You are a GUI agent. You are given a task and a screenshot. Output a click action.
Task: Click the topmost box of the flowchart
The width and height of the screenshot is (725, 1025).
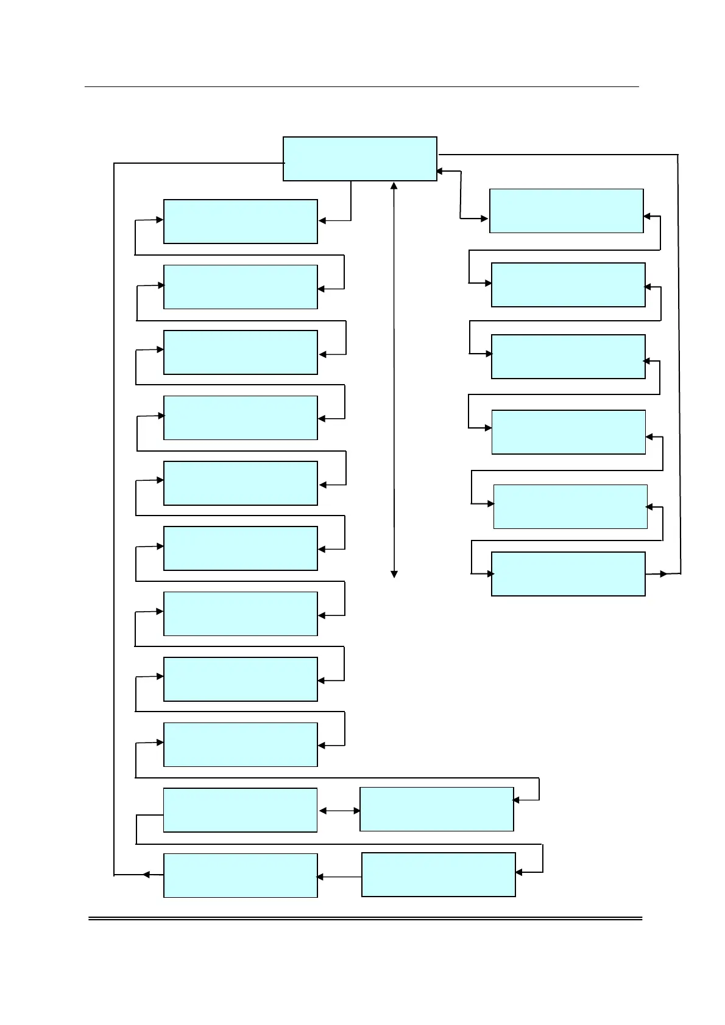(x=360, y=159)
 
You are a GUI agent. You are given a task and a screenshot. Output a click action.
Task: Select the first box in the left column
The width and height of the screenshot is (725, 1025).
(x=241, y=222)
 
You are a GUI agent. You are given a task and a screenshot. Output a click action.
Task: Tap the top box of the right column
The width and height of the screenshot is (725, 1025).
(x=566, y=211)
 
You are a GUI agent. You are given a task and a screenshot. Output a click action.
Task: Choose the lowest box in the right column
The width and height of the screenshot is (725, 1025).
(x=568, y=574)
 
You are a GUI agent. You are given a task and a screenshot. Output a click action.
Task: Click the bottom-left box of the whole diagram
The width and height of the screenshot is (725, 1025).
(x=241, y=875)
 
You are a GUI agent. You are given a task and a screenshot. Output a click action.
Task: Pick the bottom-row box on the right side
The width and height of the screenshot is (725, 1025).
(x=439, y=875)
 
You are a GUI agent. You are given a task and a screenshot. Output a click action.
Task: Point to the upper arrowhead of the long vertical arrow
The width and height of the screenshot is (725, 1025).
(x=394, y=186)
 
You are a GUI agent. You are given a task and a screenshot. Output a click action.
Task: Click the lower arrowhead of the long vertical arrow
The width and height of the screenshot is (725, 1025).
(x=394, y=574)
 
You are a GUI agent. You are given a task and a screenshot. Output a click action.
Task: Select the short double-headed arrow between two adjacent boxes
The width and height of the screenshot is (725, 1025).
(x=339, y=811)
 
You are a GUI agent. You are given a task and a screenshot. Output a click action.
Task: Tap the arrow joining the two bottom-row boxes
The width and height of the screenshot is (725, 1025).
(x=339, y=877)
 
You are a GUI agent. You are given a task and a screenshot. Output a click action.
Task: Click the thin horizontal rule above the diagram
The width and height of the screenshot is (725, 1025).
(x=361, y=87)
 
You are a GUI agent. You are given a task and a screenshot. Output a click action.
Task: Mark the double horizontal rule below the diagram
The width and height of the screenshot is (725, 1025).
(x=366, y=918)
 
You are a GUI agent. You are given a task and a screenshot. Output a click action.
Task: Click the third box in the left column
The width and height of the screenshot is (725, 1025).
(x=241, y=352)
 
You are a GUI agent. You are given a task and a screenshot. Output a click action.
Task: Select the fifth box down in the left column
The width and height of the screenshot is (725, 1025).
(x=241, y=483)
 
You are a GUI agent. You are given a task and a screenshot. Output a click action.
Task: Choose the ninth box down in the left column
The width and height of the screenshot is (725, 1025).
(x=241, y=744)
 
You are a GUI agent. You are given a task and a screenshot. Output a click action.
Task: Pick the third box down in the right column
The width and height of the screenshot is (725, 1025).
(x=568, y=357)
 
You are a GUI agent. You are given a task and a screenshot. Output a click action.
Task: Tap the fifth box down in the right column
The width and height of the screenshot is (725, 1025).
(x=570, y=506)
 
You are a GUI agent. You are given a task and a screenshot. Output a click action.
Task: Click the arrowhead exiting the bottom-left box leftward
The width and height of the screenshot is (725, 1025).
(x=146, y=875)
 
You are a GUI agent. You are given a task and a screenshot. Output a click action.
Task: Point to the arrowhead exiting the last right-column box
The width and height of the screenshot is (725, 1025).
(x=663, y=574)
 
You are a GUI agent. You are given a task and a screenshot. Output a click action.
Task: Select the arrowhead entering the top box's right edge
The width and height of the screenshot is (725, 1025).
(x=440, y=172)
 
